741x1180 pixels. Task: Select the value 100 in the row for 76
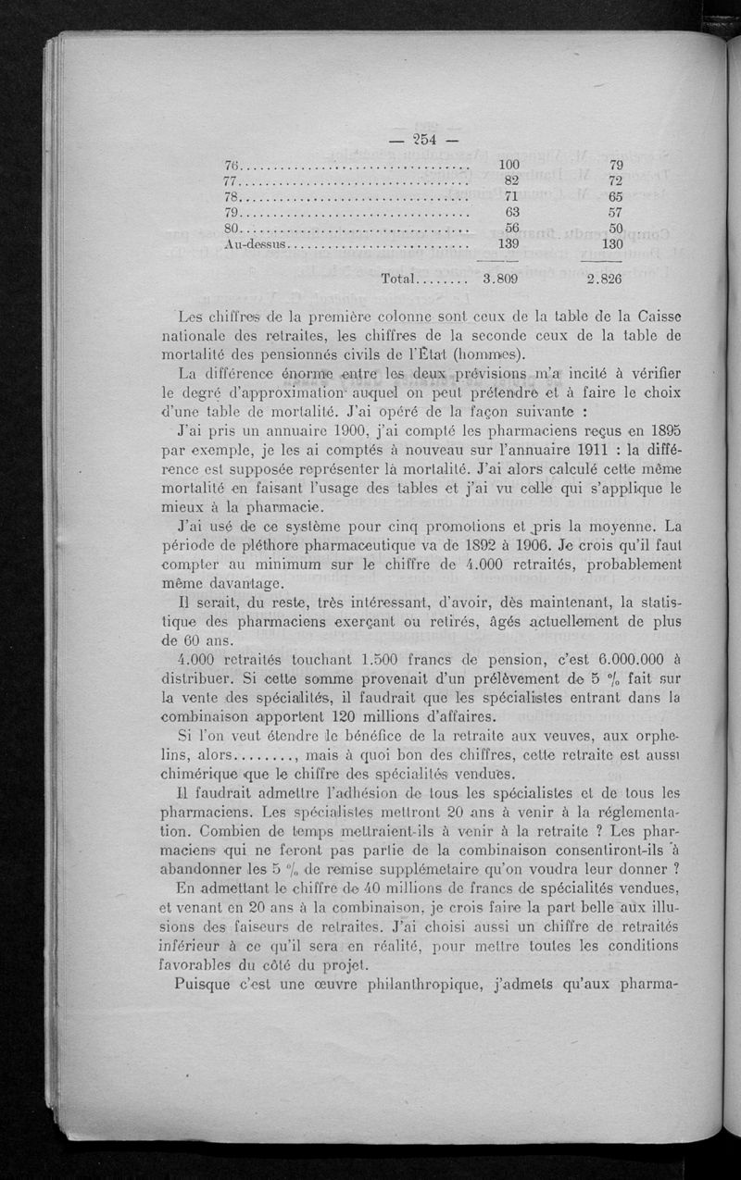click(509, 166)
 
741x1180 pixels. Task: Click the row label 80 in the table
click(232, 229)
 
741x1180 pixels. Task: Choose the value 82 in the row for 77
click(512, 181)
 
